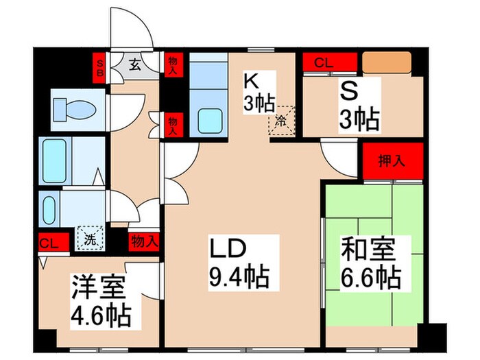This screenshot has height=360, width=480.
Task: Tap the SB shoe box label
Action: click(100, 66)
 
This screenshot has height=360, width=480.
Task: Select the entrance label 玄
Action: click(135, 66)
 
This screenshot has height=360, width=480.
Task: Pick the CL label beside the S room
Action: click(324, 62)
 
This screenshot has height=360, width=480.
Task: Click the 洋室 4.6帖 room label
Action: click(101, 300)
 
